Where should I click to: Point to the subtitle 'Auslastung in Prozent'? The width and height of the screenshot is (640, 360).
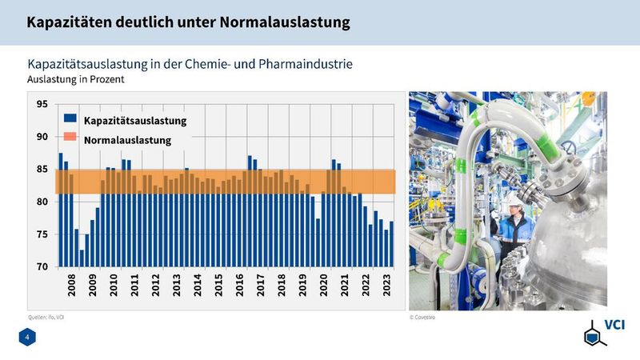[76, 80]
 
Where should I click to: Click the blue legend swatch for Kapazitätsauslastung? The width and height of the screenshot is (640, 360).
[70, 121]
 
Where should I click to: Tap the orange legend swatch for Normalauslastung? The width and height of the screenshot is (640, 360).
[70, 140]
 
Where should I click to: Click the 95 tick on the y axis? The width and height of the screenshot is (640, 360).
[42, 104]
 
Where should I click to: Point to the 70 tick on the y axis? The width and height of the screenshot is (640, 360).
[42, 266]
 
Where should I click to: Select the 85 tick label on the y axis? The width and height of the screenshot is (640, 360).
[42, 169]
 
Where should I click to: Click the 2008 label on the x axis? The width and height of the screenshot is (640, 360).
[71, 286]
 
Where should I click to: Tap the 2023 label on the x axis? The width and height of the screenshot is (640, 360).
[387, 286]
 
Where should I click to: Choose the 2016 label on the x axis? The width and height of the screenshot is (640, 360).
[239, 286]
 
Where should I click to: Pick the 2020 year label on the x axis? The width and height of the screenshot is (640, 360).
[324, 286]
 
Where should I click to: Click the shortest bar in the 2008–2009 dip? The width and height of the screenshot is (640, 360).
[82, 258]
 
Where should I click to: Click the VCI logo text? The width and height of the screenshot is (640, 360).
[614, 325]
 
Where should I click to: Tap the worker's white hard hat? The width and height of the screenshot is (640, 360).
[510, 198]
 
